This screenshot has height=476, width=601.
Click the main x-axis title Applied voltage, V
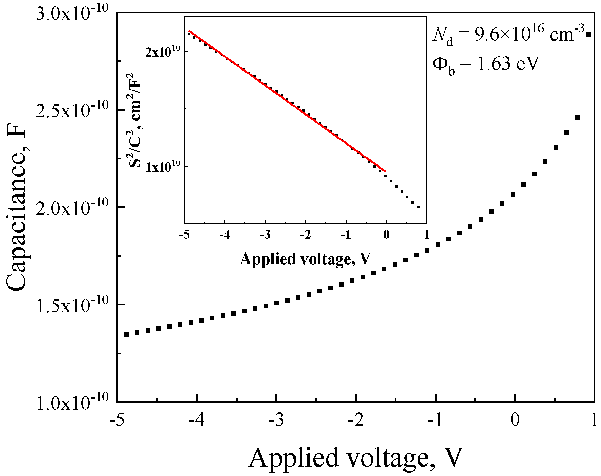click(x=356, y=458)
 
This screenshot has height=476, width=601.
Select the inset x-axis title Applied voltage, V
click(x=305, y=259)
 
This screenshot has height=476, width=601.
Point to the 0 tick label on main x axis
click(x=515, y=421)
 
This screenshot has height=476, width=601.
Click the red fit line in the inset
click(x=287, y=101)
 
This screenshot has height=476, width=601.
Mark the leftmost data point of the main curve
click(x=126, y=335)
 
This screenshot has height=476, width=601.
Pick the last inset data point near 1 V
click(x=418, y=207)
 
